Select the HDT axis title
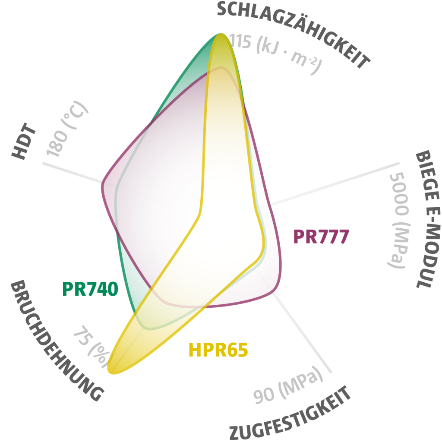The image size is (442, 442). [x=24, y=141]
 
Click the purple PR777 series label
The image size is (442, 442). [x=321, y=236]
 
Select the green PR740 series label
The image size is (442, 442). [x=90, y=289]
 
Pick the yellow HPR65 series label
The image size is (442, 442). [x=218, y=350]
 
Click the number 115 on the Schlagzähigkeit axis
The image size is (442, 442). [x=240, y=41]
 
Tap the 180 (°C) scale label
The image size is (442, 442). [x=67, y=128]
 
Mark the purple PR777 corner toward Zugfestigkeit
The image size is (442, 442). [x=275, y=290]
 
